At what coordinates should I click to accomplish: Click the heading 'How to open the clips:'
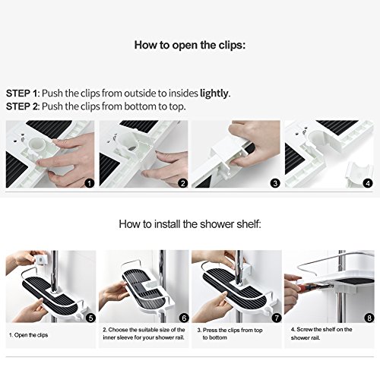pyautogui.click(x=190, y=46)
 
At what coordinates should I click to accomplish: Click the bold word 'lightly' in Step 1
pyautogui.click(x=214, y=93)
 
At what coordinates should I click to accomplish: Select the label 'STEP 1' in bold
pyautogui.click(x=22, y=93)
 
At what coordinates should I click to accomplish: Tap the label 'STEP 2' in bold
pyautogui.click(x=22, y=106)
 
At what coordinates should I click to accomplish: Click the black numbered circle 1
pyautogui.click(x=89, y=183)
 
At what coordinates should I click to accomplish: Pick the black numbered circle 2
pyautogui.click(x=183, y=183)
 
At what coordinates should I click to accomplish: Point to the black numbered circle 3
pyautogui.click(x=275, y=183)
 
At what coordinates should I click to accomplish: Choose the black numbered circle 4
pyautogui.click(x=368, y=183)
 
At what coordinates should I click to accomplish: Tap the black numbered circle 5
pyautogui.click(x=90, y=318)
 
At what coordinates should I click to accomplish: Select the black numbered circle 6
pyautogui.click(x=184, y=318)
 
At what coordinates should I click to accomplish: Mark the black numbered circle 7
pyautogui.click(x=277, y=318)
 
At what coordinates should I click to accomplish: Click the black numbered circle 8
pyautogui.click(x=369, y=318)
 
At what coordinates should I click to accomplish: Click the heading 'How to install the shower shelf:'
pyautogui.click(x=190, y=224)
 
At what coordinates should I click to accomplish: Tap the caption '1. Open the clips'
pyautogui.click(x=28, y=335)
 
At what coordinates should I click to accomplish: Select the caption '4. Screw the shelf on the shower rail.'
pyautogui.click(x=321, y=334)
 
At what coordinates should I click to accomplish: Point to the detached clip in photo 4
pyautogui.click(x=359, y=173)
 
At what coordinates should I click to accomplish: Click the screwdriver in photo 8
pyautogui.click(x=314, y=287)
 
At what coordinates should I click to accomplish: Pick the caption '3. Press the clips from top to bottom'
pyautogui.click(x=230, y=334)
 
